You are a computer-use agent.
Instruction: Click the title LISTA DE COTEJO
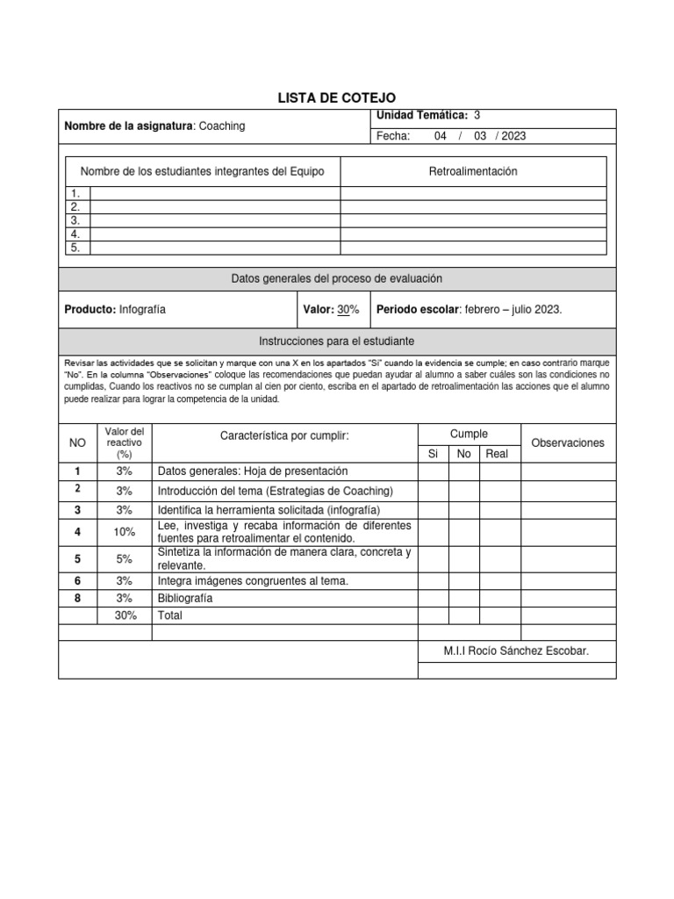tap(337, 98)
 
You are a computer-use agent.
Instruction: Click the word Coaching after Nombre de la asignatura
tap(222, 126)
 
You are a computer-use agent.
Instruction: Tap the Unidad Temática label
tap(421, 115)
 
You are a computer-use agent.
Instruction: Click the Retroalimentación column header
tap(472, 171)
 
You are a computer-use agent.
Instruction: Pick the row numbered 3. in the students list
tap(76, 220)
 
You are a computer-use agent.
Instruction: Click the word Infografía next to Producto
tap(141, 309)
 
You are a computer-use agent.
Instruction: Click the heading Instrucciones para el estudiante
tap(337, 340)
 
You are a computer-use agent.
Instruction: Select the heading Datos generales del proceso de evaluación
tap(337, 278)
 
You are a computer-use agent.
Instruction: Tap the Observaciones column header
tap(568, 443)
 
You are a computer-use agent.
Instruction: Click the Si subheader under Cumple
tap(433, 454)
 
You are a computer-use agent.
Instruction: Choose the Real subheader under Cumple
tap(497, 454)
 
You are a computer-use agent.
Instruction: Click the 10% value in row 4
tap(124, 532)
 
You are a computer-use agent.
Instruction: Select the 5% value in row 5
tap(124, 558)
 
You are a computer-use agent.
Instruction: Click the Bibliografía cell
tap(185, 598)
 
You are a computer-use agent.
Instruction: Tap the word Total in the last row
tap(170, 615)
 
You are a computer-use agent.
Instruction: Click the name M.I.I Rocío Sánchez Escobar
tap(516, 651)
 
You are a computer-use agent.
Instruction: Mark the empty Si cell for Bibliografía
tap(434, 598)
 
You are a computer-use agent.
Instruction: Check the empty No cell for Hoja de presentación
tap(464, 471)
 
